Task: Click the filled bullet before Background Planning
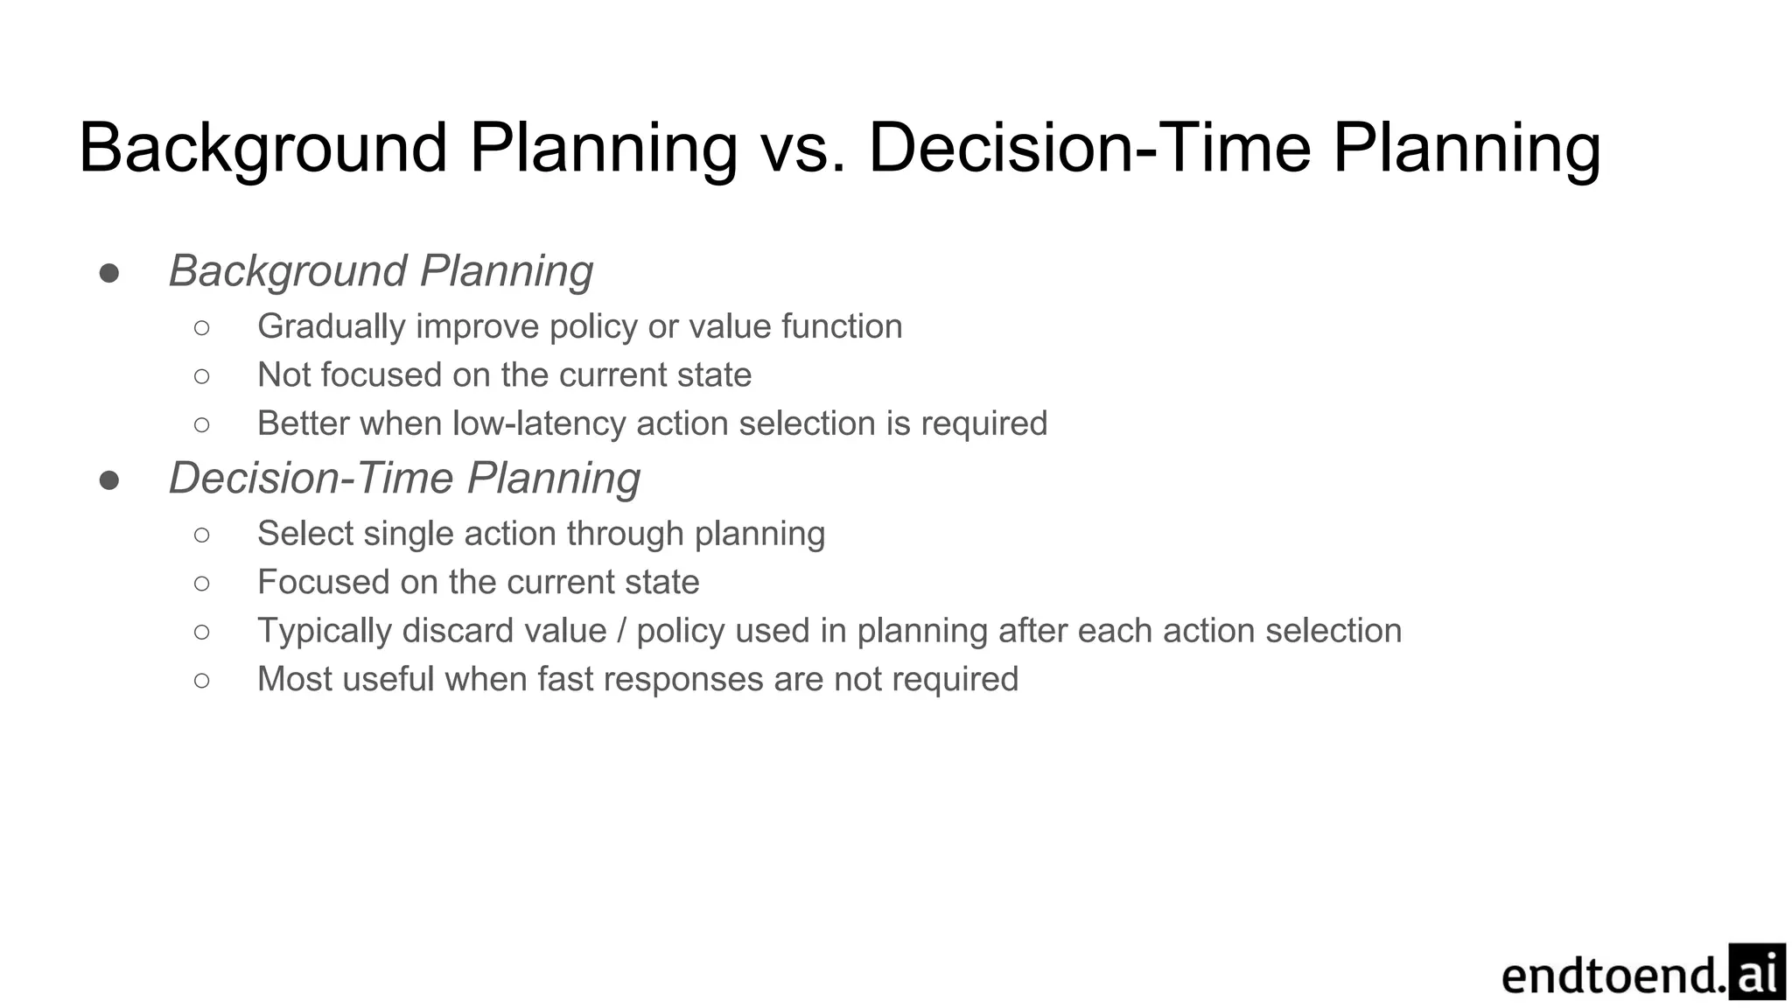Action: (x=109, y=273)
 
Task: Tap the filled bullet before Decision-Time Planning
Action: (x=109, y=480)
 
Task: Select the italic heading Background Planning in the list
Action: (x=381, y=271)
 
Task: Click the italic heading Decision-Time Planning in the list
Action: (x=404, y=479)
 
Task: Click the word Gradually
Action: (x=331, y=327)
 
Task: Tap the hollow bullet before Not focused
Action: (x=202, y=376)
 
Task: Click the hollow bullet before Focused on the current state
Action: (x=202, y=584)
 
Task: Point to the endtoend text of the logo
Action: (x=1613, y=976)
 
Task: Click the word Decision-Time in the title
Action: (x=1088, y=149)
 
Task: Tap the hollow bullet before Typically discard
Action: (x=202, y=632)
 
